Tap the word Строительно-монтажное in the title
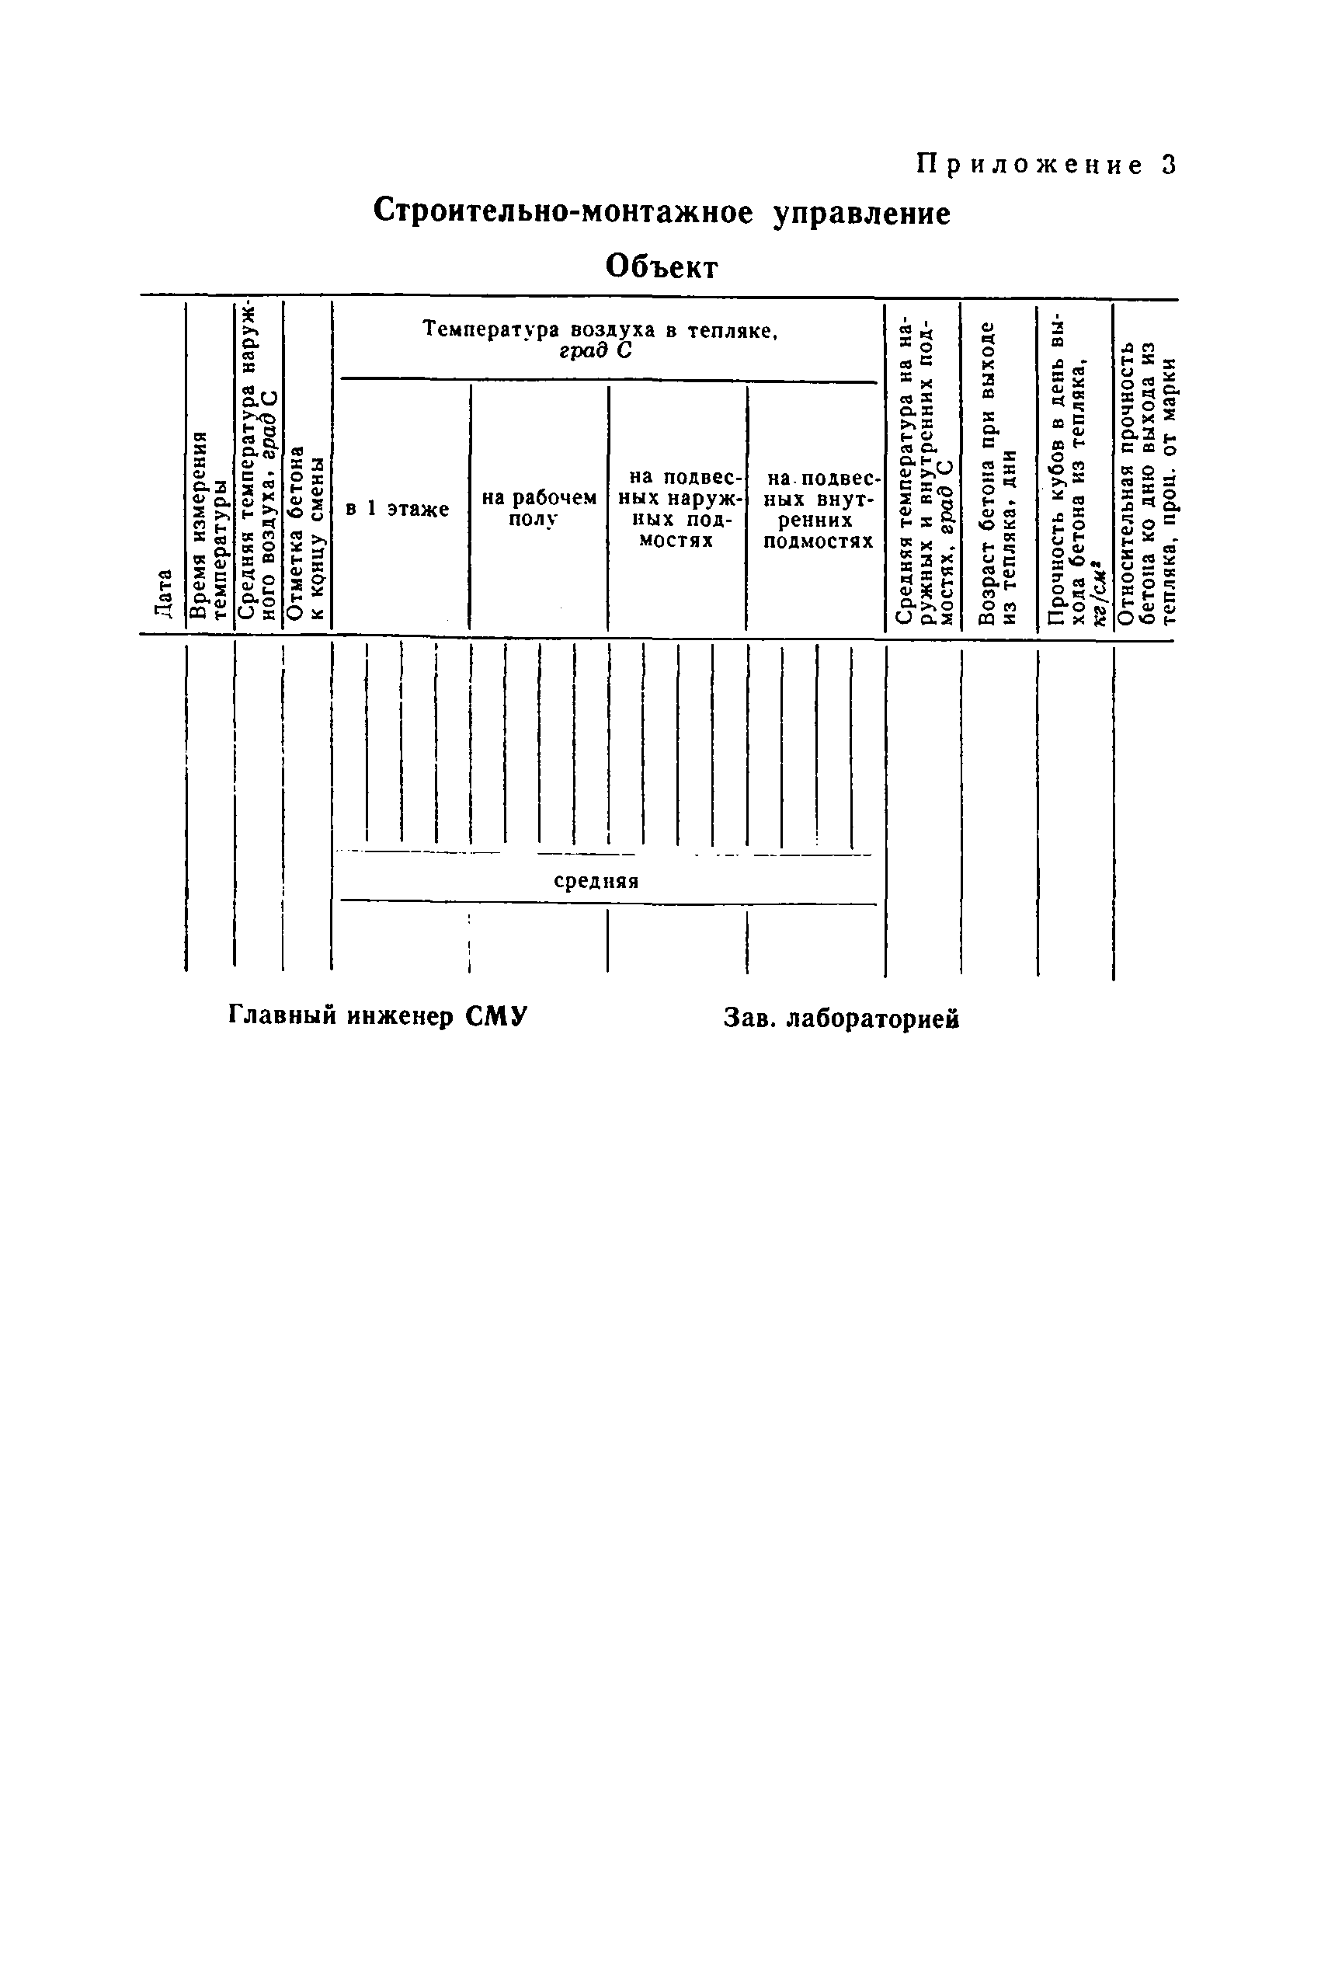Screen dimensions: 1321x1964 (563, 211)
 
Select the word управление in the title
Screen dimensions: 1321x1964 (862, 214)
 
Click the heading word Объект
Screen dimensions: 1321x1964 (662, 267)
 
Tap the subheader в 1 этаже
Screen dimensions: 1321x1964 (398, 509)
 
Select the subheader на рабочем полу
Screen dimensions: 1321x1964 (538, 508)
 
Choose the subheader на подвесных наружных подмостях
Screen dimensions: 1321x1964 (676, 509)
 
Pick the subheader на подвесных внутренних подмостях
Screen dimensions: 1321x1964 (817, 510)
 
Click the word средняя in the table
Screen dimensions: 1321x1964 (596, 881)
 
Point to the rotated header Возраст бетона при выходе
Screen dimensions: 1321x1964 (999, 472)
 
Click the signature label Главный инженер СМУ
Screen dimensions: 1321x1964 (377, 1016)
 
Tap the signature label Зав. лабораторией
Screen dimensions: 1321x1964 (841, 1019)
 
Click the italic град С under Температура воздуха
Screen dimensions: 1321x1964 (595, 350)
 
